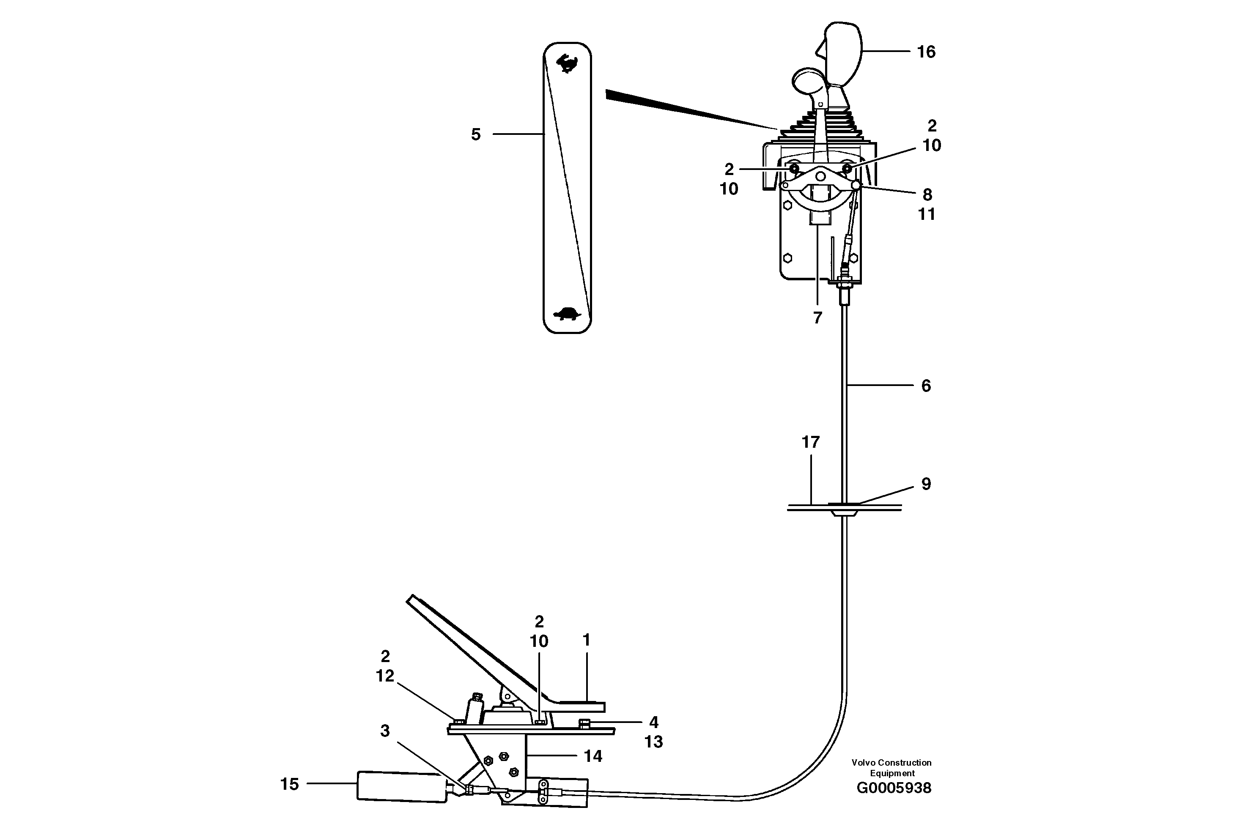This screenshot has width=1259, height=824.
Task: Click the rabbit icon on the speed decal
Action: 567,63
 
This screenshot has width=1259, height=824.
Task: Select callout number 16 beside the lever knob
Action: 926,52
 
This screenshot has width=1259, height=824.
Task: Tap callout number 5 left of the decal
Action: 476,135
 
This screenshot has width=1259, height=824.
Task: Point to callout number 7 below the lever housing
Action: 817,318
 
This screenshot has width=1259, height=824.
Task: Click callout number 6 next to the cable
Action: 926,386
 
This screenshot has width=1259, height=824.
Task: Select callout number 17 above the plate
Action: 810,442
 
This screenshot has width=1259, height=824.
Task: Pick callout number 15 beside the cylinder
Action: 289,784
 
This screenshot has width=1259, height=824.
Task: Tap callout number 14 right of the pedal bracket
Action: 592,756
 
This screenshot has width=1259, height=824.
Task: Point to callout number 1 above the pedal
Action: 586,640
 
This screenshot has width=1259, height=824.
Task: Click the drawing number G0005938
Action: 894,788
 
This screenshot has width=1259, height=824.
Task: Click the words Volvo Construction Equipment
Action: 891,767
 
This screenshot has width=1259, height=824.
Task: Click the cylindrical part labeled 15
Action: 402,786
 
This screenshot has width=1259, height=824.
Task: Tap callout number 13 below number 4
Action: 653,742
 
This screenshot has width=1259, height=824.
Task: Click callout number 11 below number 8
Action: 926,214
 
